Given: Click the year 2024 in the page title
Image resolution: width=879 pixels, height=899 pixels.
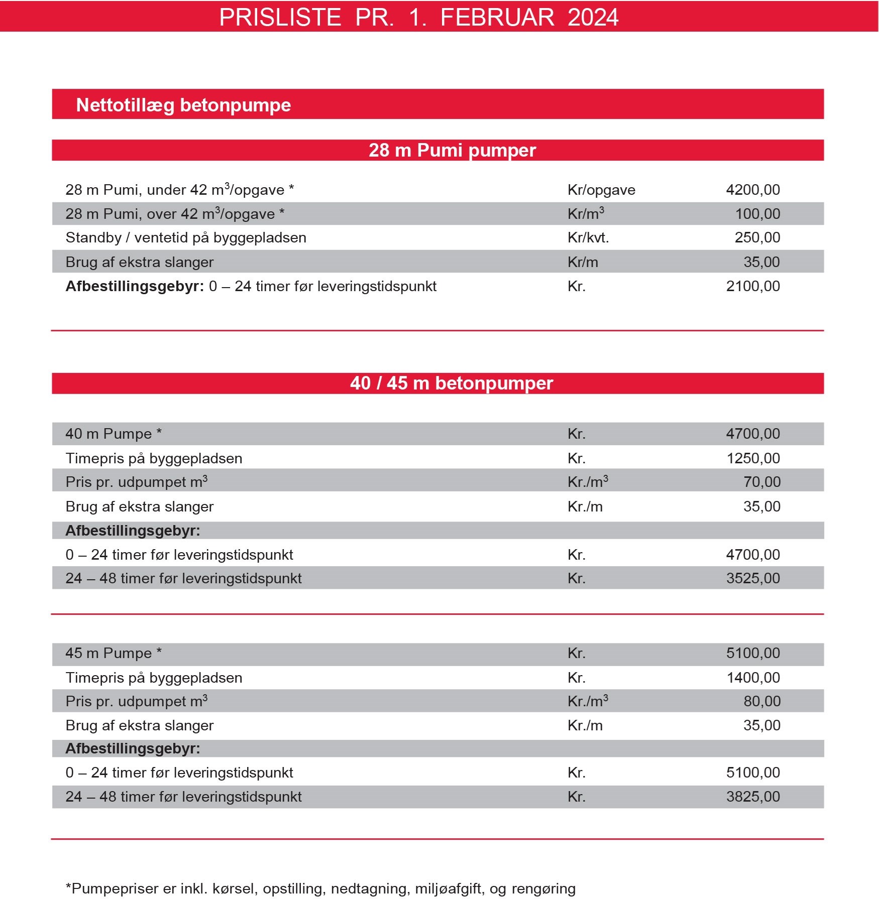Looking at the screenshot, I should click(x=593, y=18).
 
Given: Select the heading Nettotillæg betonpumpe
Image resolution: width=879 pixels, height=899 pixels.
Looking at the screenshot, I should click(x=183, y=105).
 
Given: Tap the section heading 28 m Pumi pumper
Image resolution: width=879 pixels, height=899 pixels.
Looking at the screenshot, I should click(x=452, y=150).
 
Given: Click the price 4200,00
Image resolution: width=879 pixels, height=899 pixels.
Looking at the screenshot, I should click(x=752, y=190).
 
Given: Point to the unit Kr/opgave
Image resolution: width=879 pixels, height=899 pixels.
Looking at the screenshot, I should click(x=601, y=190).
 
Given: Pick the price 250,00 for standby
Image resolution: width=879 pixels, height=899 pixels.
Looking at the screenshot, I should click(x=757, y=237).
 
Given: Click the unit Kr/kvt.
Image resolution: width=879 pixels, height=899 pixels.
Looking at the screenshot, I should click(x=588, y=237).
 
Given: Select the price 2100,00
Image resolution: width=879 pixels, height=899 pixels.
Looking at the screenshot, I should click(x=752, y=286).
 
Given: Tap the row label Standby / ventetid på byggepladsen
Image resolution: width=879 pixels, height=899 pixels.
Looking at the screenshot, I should click(x=186, y=237).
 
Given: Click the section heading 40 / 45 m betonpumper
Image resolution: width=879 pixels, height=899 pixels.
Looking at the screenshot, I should click(x=451, y=383).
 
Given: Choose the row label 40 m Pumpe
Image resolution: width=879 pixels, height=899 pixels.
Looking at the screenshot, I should click(x=114, y=434).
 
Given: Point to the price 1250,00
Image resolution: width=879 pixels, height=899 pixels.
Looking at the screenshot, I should click(x=753, y=458).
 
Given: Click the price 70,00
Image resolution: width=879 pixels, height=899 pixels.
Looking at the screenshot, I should click(x=761, y=482).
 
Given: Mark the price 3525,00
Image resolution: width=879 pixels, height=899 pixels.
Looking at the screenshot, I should click(x=752, y=578).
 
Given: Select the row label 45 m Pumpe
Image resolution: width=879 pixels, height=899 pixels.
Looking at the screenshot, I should click(x=114, y=653).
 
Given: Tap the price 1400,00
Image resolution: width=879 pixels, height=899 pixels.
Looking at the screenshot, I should click(x=753, y=678).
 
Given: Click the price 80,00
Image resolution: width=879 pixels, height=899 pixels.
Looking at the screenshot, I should click(x=761, y=701).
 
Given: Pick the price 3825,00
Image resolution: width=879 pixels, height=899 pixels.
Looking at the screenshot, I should click(x=752, y=797).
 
